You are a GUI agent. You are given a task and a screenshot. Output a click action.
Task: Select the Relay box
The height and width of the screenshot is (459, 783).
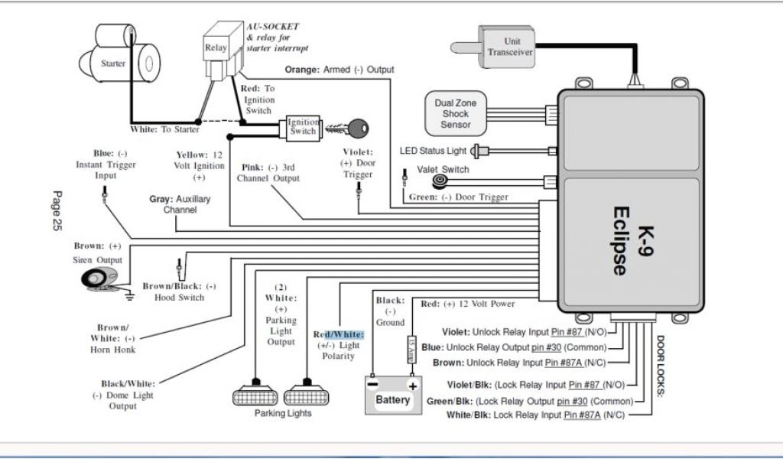216,48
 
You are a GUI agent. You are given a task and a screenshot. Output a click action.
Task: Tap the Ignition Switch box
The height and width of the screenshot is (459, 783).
303,127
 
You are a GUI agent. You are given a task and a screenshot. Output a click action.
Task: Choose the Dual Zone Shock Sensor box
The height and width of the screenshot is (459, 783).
456,113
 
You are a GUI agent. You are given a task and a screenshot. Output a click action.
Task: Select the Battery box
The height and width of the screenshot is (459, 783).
392,395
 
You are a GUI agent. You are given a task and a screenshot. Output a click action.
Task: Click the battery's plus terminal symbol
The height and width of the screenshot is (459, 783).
413,385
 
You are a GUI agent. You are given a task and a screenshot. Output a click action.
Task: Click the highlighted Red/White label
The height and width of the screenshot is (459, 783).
339,334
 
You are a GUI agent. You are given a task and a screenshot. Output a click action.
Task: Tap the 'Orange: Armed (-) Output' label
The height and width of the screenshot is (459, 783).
340,70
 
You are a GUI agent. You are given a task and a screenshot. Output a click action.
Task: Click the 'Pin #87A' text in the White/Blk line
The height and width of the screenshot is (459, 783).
581,415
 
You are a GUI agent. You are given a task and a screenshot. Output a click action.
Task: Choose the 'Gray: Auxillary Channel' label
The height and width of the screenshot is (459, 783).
180,204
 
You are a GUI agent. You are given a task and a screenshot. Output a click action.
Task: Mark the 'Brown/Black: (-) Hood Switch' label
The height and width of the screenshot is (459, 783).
180,291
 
